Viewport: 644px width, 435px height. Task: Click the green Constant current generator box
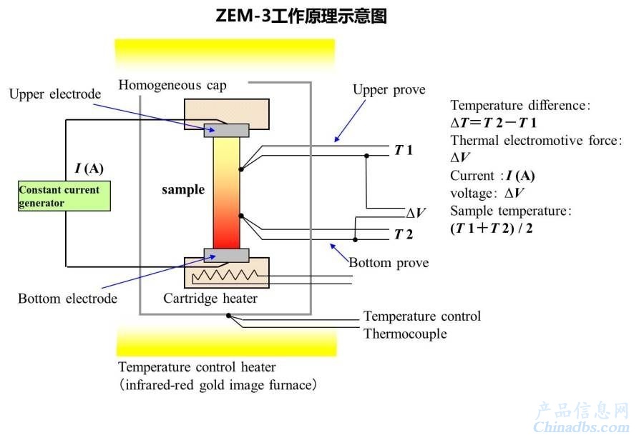click(64, 196)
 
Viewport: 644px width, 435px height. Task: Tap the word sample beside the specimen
click(183, 190)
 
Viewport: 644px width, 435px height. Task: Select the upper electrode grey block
click(226, 131)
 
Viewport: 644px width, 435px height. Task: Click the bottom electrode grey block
click(226, 255)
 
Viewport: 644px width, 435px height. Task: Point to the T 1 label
click(404, 150)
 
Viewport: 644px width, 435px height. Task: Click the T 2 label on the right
click(404, 234)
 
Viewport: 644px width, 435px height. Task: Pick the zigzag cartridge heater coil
click(225, 276)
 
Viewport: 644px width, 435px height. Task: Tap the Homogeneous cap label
click(172, 85)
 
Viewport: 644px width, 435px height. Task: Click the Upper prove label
click(389, 90)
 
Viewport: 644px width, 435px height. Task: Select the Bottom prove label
click(389, 262)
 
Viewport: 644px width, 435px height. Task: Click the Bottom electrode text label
click(68, 299)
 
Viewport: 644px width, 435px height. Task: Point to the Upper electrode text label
click(55, 94)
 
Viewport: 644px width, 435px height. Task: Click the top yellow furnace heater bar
click(225, 54)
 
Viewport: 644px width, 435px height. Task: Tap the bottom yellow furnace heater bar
click(226, 342)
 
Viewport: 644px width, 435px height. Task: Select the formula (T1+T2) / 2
click(491, 228)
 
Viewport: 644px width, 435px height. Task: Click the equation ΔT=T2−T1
click(493, 123)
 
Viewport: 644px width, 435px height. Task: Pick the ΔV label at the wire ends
click(416, 213)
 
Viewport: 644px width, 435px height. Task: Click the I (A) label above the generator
click(89, 168)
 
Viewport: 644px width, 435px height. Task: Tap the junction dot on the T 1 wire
click(366, 156)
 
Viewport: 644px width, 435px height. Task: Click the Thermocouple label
click(405, 334)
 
